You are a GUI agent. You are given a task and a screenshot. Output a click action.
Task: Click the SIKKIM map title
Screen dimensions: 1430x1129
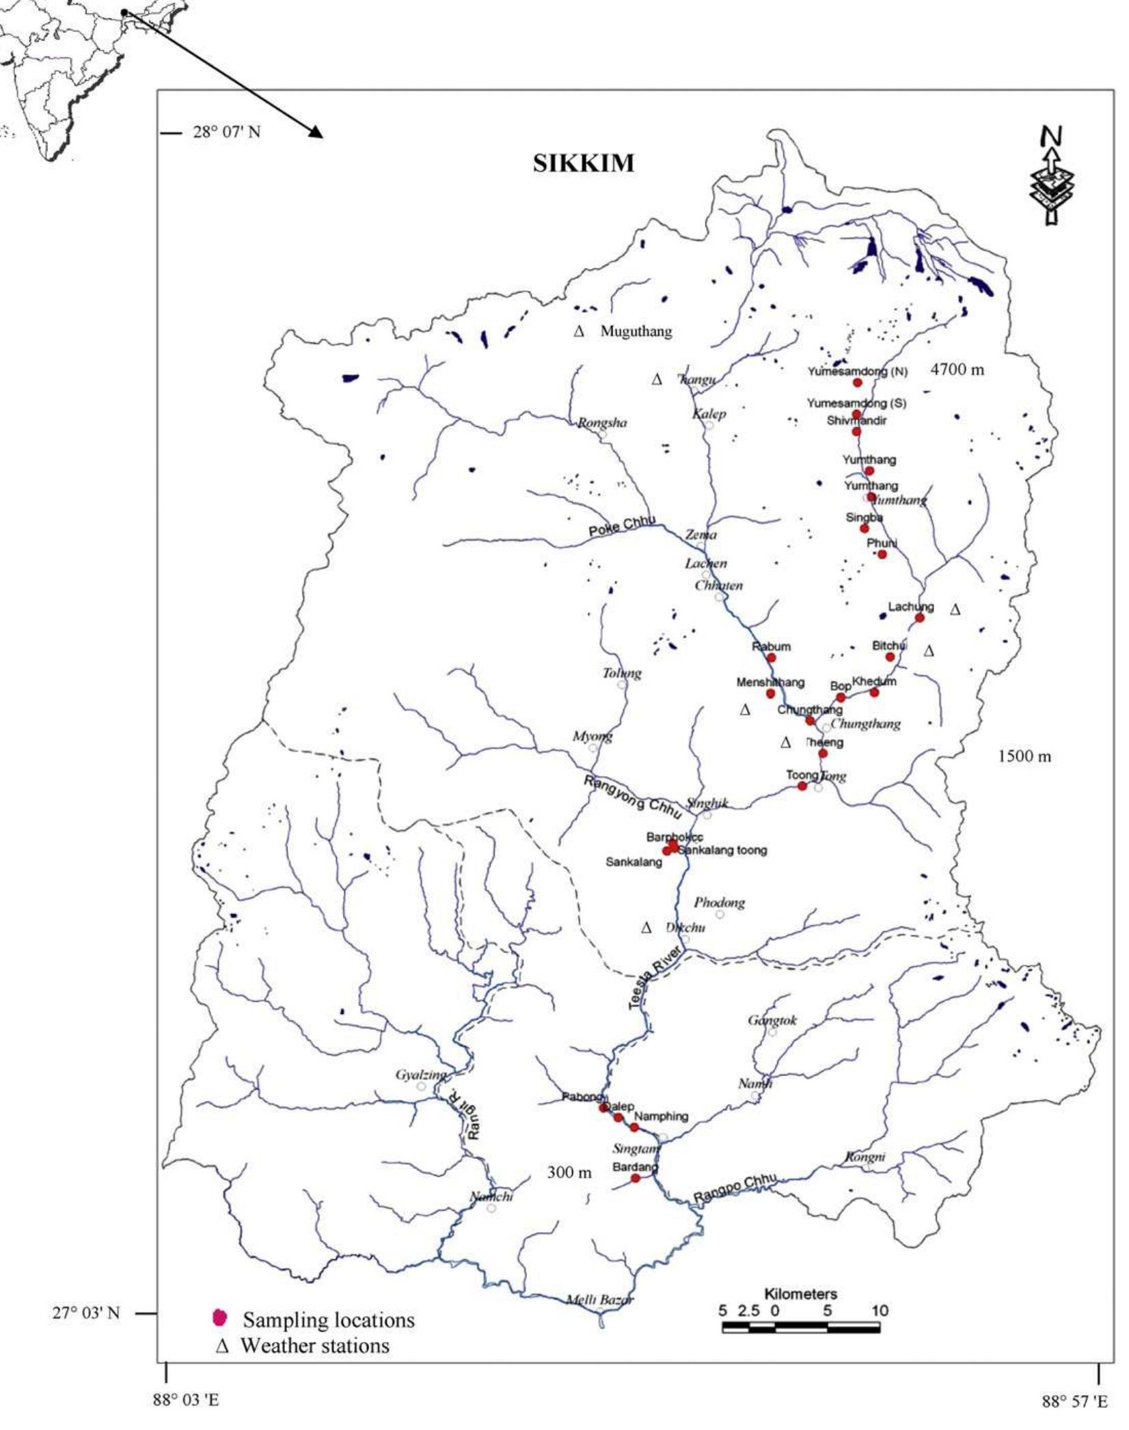pyautogui.click(x=583, y=164)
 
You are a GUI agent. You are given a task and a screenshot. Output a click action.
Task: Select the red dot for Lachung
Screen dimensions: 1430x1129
pyautogui.click(x=919, y=618)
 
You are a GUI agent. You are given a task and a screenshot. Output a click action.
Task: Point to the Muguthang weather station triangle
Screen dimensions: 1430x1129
pyautogui.click(x=579, y=331)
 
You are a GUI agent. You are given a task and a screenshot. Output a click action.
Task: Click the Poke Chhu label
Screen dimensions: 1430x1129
pyautogui.click(x=622, y=525)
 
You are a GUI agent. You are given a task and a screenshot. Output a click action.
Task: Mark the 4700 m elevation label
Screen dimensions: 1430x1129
pyautogui.click(x=957, y=370)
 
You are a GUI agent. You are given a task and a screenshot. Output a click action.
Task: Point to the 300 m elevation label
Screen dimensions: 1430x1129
pyautogui.click(x=569, y=1172)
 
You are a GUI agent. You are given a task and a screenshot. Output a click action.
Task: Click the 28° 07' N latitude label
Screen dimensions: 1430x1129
pyautogui.click(x=226, y=132)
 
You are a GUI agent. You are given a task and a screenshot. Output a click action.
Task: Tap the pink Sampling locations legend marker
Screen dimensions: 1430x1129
pyautogui.click(x=219, y=1317)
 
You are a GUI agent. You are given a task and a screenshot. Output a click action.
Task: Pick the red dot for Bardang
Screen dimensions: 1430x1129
pyautogui.click(x=635, y=1178)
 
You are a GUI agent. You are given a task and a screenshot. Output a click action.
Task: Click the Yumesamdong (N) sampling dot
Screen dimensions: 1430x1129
pyautogui.click(x=857, y=383)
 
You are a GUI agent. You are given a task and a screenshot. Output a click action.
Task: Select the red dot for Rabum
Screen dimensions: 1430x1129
pyautogui.click(x=771, y=657)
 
